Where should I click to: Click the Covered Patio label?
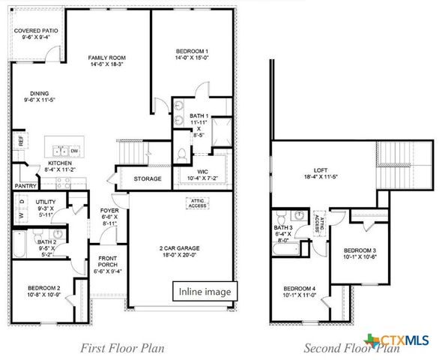pos(30,31)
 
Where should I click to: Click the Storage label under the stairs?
pos(148,179)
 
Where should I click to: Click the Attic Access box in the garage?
pos(197,202)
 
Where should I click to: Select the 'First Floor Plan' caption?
pos(122,347)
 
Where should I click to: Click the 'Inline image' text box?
pos(205,291)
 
